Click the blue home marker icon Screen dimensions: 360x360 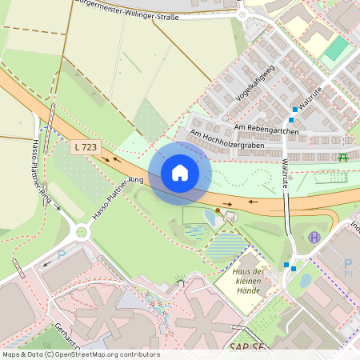[179, 172]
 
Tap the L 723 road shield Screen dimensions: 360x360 [84, 146]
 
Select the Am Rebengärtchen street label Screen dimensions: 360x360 [267, 130]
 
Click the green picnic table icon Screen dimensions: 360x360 [343, 156]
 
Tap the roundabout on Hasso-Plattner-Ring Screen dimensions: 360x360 [81, 233]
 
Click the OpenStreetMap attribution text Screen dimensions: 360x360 [80, 354]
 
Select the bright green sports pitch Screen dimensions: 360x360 [337, 49]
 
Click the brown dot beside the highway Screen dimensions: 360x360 [217, 210]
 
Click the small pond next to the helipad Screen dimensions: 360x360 [305, 280]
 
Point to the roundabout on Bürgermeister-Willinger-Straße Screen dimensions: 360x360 [242, 14]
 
